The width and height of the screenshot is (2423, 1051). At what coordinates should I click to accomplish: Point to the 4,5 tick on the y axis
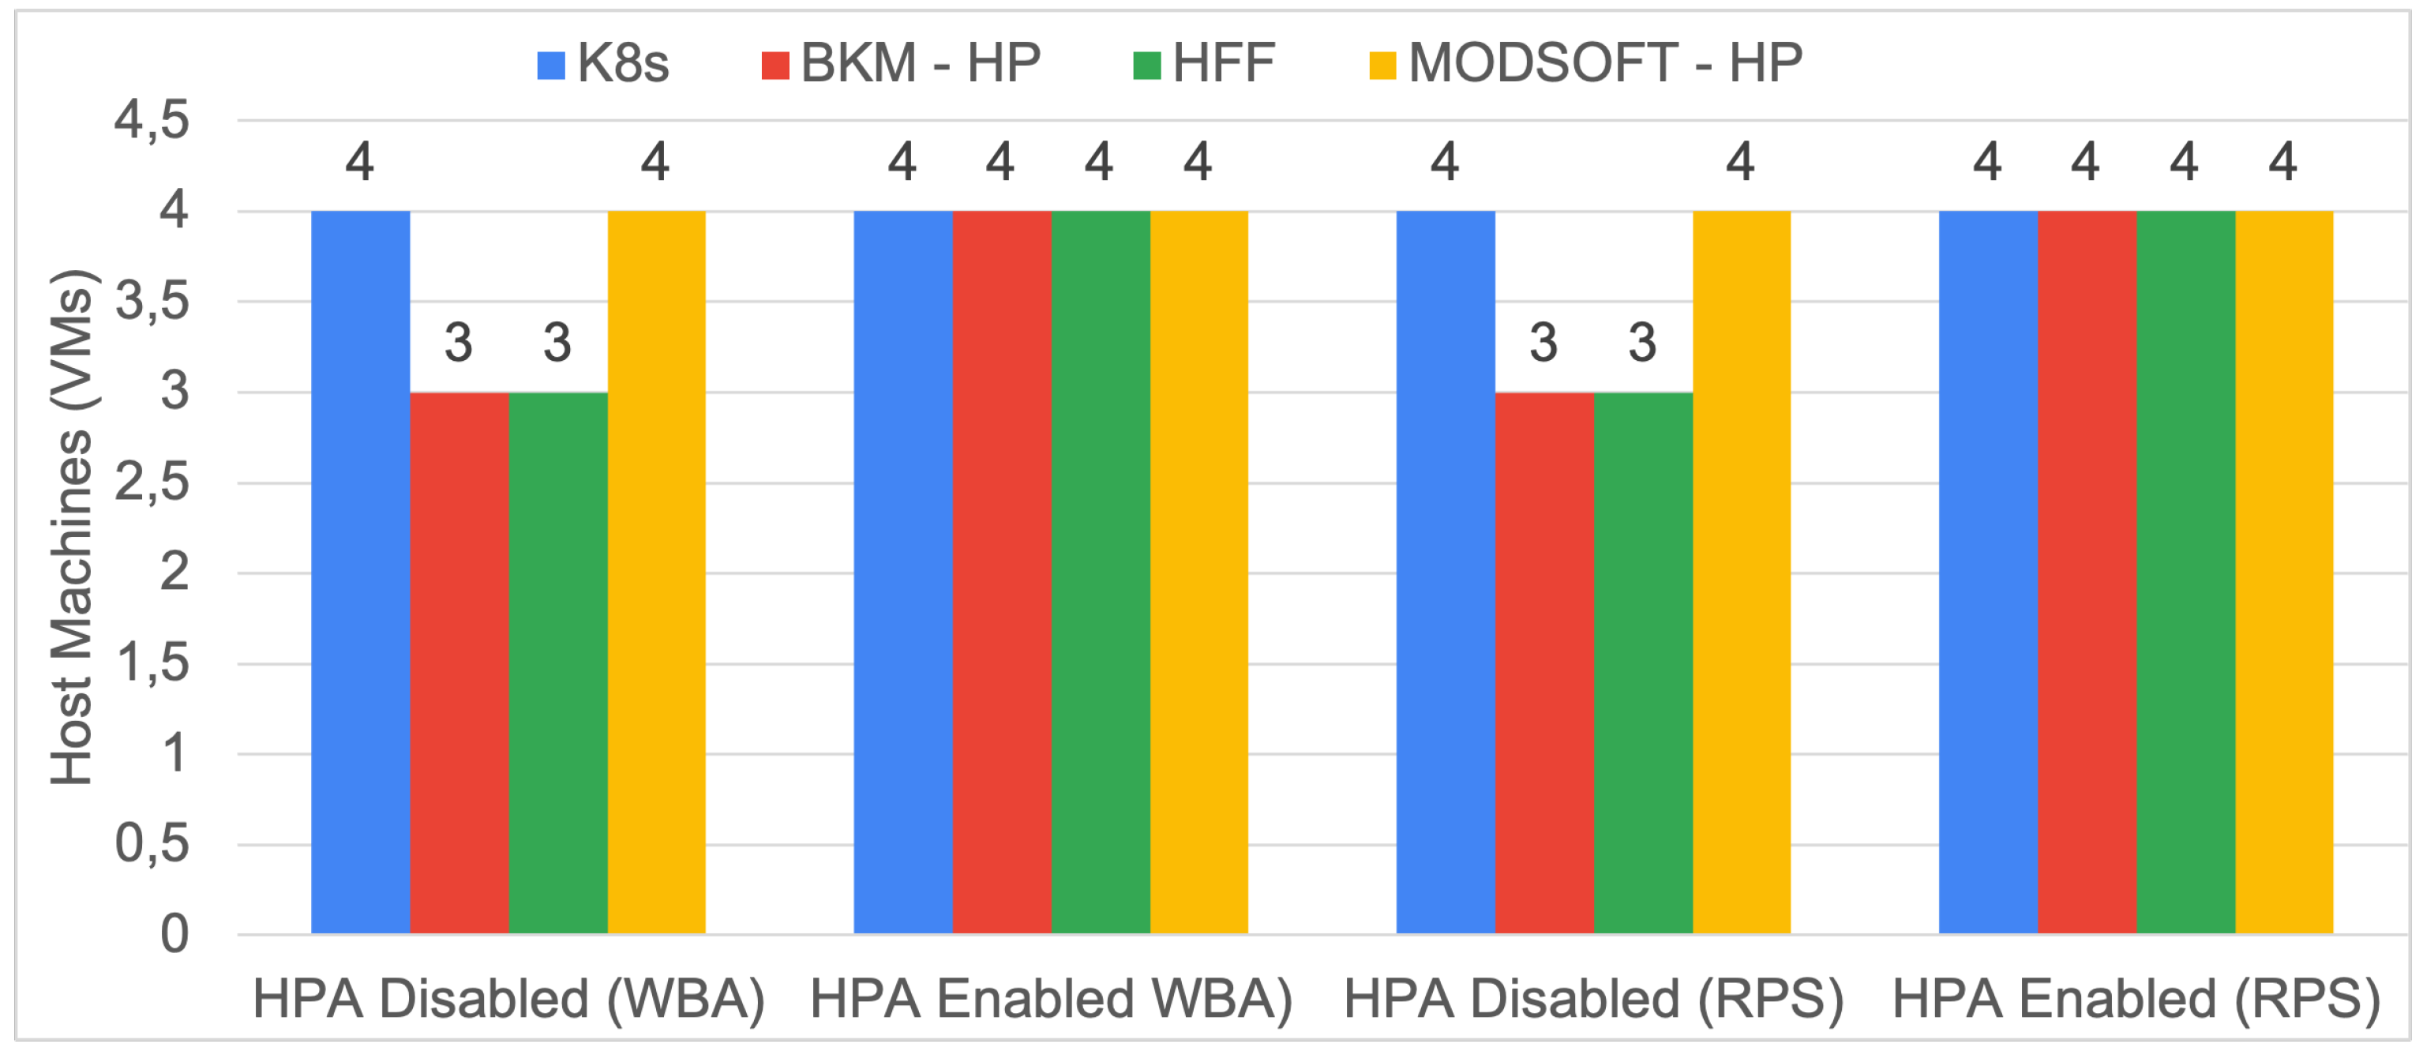(x=152, y=121)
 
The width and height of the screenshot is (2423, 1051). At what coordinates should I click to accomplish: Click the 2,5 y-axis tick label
(x=152, y=482)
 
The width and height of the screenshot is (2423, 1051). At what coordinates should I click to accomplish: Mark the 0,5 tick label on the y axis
(x=152, y=844)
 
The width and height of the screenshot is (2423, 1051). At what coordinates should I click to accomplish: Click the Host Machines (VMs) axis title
(x=72, y=527)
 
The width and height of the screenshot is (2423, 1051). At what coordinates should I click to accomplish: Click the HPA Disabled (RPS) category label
(x=1593, y=999)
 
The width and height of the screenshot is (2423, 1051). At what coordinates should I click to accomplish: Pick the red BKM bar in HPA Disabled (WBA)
(x=459, y=663)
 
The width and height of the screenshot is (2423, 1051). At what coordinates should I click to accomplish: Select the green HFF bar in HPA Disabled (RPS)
(x=1642, y=663)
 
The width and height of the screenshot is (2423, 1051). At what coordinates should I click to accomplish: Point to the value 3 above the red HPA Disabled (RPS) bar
(x=1543, y=343)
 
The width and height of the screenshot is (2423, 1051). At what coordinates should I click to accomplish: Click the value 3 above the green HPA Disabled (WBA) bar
(x=557, y=343)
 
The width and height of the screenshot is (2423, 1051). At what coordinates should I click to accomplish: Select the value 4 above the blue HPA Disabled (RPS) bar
(x=1445, y=162)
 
